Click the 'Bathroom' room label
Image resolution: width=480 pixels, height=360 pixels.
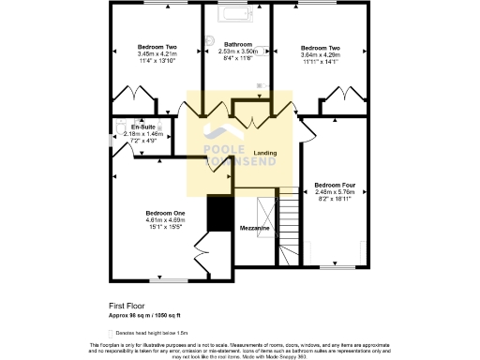pyautogui.click(x=238, y=44)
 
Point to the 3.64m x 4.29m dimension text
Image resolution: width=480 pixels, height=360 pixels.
pyautogui.click(x=321, y=53)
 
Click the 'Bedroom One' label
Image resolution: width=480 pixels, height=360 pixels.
pyautogui.click(x=165, y=212)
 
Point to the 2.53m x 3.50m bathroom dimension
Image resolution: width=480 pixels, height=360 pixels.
pyautogui.click(x=238, y=52)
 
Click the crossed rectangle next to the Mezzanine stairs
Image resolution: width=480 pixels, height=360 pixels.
pyautogui.click(x=263, y=205)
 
